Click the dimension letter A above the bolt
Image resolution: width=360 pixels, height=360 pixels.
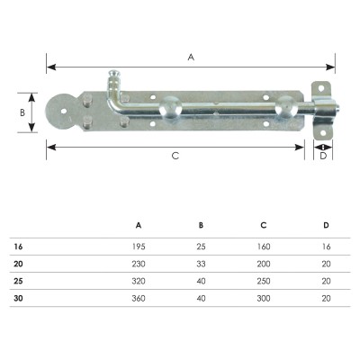(191, 57)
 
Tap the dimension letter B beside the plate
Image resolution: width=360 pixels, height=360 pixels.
(22, 112)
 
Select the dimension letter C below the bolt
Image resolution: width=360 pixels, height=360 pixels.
(175, 156)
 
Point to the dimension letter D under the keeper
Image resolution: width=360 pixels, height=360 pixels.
(323, 156)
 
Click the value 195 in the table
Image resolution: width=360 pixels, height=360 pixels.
(139, 247)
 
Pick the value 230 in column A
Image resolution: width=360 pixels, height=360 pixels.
(139, 264)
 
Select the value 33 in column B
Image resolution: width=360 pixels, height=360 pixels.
(201, 264)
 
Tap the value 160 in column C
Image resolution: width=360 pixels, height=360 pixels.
(264, 247)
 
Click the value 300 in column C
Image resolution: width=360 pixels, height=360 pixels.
(264, 299)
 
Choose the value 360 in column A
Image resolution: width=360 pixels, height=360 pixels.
(139, 299)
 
